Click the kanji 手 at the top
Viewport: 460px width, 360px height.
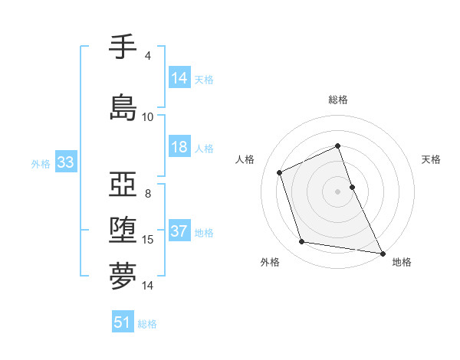point(123,47)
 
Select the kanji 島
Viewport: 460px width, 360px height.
point(123,107)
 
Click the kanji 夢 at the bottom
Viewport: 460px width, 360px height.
point(123,276)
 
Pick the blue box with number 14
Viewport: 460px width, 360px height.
point(179,77)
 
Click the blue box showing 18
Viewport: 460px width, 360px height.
point(179,147)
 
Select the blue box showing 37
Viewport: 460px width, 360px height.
point(179,231)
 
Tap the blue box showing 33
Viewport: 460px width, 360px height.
point(65,162)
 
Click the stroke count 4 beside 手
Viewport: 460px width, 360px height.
point(147,56)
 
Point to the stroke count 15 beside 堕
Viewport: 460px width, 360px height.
point(148,240)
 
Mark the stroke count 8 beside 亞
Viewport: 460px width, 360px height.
point(147,194)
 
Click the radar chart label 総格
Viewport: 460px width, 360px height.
point(337,100)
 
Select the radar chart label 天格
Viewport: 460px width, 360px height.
point(431,159)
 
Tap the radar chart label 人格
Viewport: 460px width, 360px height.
point(245,159)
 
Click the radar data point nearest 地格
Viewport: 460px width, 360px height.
point(382,253)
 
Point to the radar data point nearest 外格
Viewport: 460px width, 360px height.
point(302,242)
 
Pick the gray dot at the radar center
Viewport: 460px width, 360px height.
point(337,191)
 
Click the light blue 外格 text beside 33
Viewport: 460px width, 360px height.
point(41,163)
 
